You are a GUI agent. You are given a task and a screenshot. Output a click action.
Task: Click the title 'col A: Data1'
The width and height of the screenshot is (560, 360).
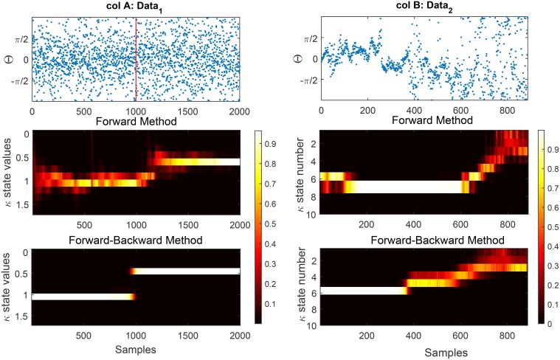136,7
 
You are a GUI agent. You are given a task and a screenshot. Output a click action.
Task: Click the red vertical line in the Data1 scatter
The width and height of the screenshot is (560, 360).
136,59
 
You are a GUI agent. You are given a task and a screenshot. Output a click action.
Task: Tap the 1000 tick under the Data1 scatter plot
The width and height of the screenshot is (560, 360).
136,110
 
